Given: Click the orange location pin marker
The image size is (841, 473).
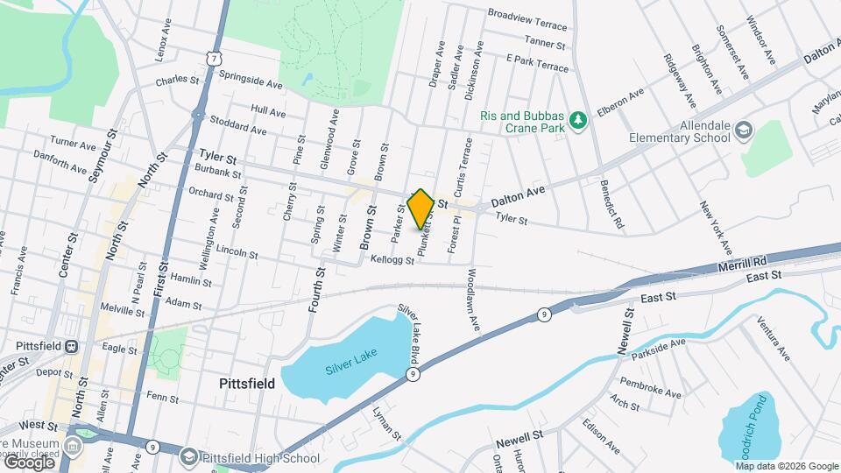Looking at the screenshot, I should (x=421, y=208).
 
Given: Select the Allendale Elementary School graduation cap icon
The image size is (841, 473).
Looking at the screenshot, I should (x=744, y=130).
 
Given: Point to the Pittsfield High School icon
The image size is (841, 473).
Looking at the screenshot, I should (x=189, y=457).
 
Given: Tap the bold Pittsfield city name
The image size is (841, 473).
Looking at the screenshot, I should (x=246, y=384).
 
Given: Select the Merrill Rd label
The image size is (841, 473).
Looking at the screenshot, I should (x=742, y=261).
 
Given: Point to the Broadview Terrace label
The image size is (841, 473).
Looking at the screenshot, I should (x=528, y=15).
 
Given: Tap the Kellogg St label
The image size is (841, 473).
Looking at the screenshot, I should (x=392, y=259).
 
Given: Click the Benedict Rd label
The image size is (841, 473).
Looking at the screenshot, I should (x=611, y=207).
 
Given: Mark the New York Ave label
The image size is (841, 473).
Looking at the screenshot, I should (x=714, y=222).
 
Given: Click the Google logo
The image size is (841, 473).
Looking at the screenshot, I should (x=29, y=462).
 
